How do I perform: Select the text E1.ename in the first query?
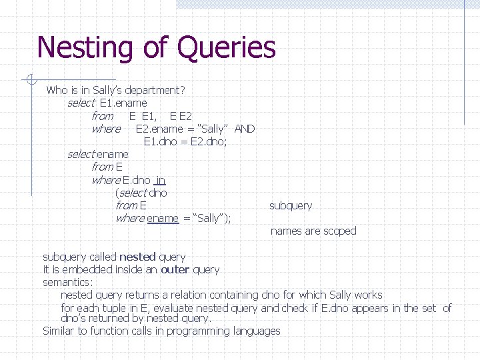click(123, 103)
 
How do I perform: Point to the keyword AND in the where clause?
click(245, 129)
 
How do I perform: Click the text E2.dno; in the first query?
click(209, 141)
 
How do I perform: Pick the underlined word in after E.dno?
click(160, 180)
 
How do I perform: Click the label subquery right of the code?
click(291, 205)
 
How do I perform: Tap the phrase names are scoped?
click(313, 231)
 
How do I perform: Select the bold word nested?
click(137, 257)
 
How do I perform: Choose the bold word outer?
click(175, 269)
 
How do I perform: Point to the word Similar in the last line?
click(59, 331)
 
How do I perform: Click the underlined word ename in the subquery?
click(163, 219)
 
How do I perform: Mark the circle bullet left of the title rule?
click(28, 80)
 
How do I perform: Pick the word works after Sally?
click(369, 295)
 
